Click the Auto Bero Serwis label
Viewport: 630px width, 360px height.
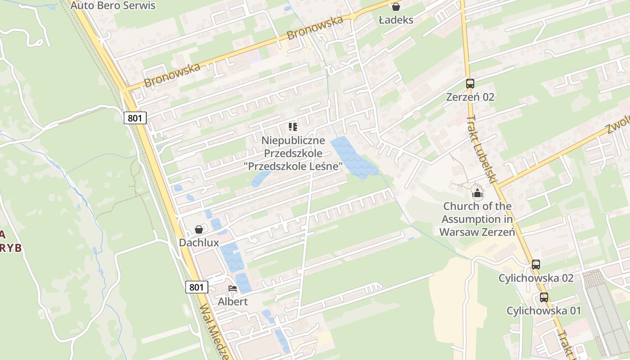[x=113, y=5]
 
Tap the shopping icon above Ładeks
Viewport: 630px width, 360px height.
[x=396, y=6]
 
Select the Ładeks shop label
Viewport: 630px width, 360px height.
[x=396, y=20]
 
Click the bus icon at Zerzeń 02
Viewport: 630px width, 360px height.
[x=470, y=84]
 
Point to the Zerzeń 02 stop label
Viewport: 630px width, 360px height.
[x=470, y=97]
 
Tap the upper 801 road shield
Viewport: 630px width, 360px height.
[x=135, y=118]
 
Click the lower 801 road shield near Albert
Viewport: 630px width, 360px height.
[x=197, y=287]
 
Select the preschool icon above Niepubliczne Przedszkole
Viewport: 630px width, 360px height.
[x=293, y=127]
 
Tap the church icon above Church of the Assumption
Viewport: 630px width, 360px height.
[x=477, y=194]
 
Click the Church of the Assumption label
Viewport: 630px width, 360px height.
[x=477, y=219]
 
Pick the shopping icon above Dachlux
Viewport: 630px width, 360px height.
[x=199, y=229]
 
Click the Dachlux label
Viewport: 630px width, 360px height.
[x=199, y=243]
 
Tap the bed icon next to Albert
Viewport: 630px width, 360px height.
[x=233, y=288]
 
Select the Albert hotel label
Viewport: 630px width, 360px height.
[x=233, y=301]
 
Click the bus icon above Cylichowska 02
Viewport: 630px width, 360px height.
[x=535, y=265]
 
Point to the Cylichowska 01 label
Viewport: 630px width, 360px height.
[x=544, y=310]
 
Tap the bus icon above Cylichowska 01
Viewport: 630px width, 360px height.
[x=544, y=297]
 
